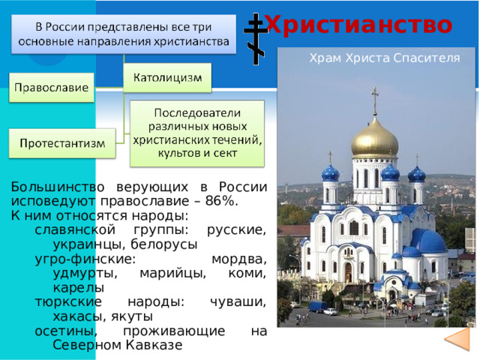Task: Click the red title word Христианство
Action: [358, 25]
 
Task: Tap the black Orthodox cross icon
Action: [256, 39]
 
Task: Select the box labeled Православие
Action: [52, 88]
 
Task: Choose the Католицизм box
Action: [167, 78]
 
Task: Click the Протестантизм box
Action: [62, 143]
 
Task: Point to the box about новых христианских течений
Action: [197, 133]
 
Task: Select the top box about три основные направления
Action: [124, 34]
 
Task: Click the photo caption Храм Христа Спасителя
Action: [385, 58]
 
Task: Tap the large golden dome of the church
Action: [375, 139]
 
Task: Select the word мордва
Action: [238, 259]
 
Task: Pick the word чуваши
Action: [238, 301]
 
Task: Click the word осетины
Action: [66, 331]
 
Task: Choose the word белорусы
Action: [164, 244]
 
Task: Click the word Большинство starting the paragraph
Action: [58, 187]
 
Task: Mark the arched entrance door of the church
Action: [348, 272]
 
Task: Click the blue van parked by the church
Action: [317, 307]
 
